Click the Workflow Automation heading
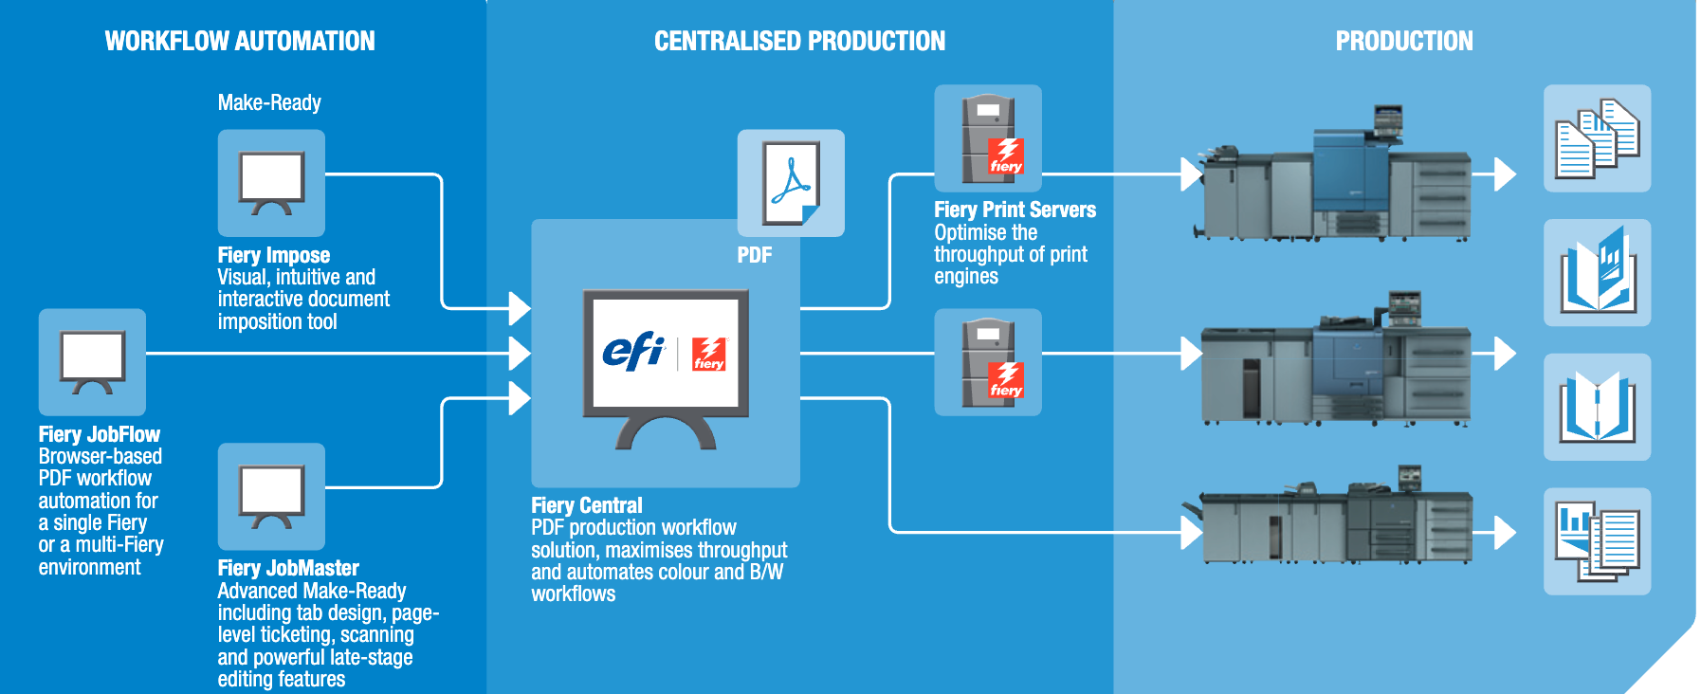pos(240,41)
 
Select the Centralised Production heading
pos(799,41)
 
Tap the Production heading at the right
pos(1404,41)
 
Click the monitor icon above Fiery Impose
pos(271,183)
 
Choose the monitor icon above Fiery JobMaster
pos(271,497)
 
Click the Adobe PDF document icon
pos(791,183)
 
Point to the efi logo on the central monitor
pos(633,352)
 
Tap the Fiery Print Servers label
pos(1015,210)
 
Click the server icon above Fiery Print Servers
pos(988,138)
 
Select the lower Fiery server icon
pos(988,362)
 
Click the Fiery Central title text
pos(587,505)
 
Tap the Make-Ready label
pos(269,102)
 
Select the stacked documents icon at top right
pos(1598,138)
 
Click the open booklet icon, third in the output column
pos(1598,408)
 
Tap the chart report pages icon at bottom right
pos(1598,541)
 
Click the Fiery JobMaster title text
pos(288,568)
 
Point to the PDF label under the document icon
pos(755,255)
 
